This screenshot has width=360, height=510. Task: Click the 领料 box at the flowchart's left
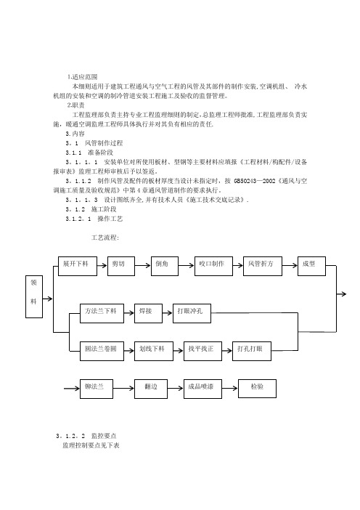tap(34, 296)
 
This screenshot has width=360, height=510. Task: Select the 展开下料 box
tap(78, 266)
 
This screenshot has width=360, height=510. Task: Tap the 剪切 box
tap(121, 266)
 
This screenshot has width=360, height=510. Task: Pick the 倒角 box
tap(165, 266)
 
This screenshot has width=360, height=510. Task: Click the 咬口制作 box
tap(213, 266)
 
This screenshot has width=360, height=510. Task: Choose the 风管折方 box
tap(263, 266)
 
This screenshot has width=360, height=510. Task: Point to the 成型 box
tap(311, 266)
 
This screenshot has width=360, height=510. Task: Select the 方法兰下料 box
tap(102, 314)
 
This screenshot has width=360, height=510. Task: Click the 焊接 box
tap(148, 314)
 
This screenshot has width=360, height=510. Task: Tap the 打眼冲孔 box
tap(192, 314)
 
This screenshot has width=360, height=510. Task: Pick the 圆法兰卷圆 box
tap(102, 352)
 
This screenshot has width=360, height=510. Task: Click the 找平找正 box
tap(202, 352)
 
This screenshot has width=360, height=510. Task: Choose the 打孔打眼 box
tap(252, 352)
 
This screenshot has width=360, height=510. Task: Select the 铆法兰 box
tap(97, 389)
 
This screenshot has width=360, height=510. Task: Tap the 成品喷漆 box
tap(202, 389)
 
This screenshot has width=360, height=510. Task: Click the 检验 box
tap(258, 389)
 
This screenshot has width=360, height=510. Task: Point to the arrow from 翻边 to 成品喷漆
tap(176, 389)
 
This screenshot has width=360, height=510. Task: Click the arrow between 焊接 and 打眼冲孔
tap(168, 313)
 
